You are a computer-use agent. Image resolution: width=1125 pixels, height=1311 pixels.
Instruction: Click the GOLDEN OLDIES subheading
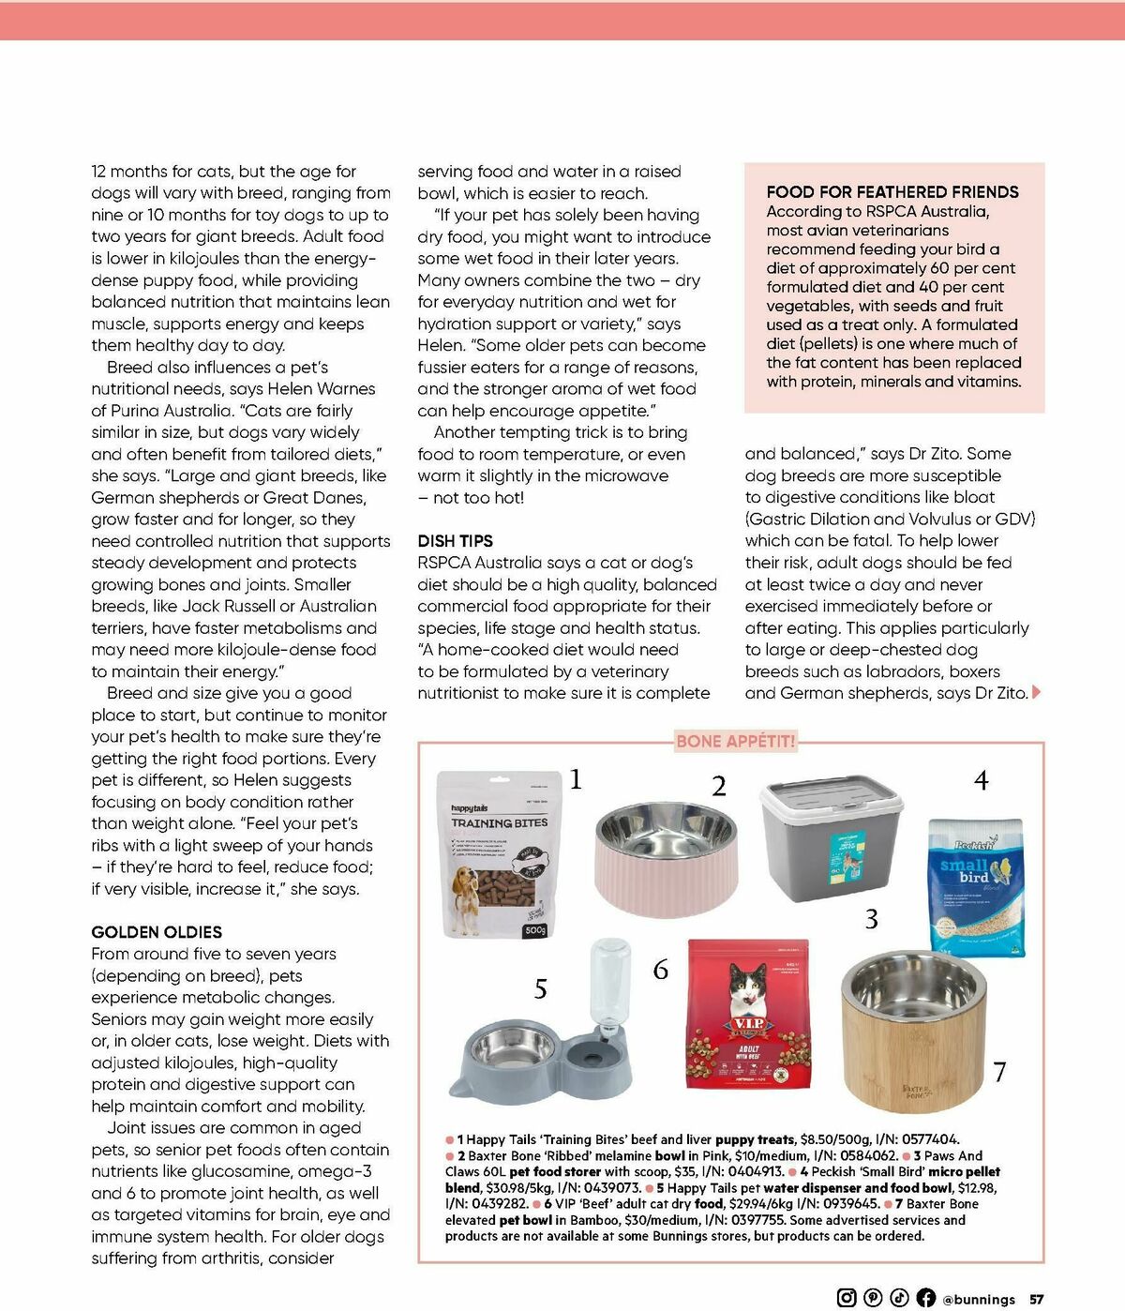157,932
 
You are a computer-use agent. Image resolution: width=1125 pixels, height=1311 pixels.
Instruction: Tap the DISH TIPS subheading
455,541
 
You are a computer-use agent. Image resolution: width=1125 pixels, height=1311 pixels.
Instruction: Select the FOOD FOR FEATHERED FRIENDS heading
892,192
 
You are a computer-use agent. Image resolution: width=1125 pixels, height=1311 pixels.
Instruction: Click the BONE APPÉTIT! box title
735,742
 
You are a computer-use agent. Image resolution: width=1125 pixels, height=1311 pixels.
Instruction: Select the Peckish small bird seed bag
976,886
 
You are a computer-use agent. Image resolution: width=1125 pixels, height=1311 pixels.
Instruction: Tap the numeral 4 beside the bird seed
981,780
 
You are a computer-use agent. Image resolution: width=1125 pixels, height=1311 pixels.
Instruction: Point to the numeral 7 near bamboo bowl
999,1072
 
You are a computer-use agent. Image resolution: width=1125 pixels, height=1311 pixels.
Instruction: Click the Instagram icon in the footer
847,1298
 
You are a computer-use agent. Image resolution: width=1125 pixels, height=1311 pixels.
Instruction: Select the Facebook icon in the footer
925,1298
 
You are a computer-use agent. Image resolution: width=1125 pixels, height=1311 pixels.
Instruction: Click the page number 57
1037,1299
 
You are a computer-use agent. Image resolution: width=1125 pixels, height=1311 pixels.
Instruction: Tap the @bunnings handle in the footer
979,1299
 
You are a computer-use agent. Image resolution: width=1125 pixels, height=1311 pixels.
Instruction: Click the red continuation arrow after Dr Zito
1036,693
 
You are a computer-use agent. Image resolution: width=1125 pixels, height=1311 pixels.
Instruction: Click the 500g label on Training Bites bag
534,930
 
